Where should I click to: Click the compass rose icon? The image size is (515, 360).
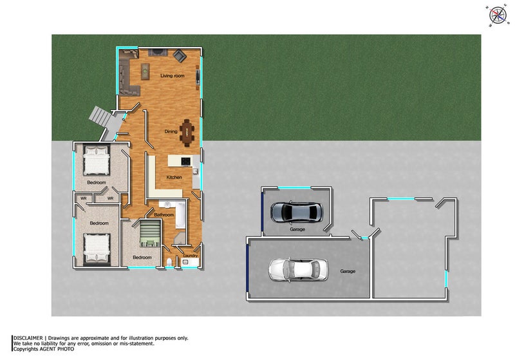498,15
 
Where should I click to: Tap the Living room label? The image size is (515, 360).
173,75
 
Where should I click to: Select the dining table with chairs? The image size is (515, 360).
187,133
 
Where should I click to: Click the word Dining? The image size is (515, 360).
171,131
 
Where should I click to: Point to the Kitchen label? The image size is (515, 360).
174,177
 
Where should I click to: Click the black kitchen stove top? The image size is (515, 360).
185,161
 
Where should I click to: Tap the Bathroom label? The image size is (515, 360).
164,215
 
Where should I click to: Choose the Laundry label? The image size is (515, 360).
191,256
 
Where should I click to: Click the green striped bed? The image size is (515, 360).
150,234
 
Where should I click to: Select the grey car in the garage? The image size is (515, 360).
297,212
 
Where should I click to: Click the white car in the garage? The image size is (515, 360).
298,270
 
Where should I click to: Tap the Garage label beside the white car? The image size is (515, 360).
348,271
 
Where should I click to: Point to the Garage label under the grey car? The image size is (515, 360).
297,229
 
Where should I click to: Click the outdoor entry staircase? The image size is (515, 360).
104,122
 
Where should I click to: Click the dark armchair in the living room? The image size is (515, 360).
180,55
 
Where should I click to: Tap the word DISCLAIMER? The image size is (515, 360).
28,338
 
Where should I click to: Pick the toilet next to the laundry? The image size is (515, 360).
169,263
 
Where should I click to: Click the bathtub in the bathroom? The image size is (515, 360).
181,214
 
